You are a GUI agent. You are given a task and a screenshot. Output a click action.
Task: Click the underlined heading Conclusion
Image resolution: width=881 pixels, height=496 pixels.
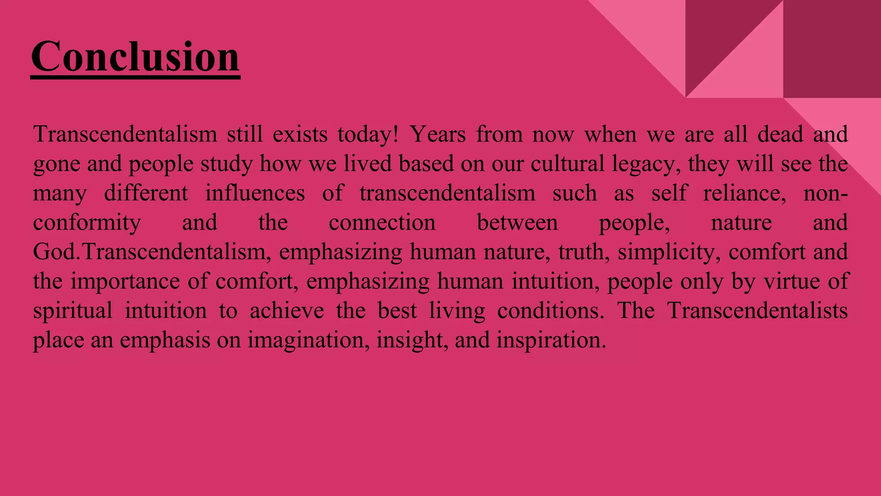135,56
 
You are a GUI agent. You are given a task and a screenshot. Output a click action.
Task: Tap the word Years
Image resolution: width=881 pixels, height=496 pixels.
437,134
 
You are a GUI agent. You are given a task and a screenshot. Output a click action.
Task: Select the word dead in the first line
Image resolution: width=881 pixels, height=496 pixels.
780,134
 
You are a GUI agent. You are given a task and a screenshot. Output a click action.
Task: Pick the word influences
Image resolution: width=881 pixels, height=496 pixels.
255,193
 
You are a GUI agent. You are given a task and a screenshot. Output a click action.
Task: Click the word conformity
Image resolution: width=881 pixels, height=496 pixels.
87,223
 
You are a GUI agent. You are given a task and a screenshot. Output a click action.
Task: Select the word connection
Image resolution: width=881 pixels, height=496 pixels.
382,223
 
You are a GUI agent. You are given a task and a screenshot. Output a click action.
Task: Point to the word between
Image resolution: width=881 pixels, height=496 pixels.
517,223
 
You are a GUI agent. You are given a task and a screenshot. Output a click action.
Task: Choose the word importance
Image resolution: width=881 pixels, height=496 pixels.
125,282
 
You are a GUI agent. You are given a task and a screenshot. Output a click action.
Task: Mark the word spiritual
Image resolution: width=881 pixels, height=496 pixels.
73,311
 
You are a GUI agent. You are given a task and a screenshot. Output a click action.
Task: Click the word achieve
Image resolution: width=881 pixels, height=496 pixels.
286,310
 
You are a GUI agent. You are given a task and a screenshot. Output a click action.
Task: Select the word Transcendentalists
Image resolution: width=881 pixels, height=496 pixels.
758,310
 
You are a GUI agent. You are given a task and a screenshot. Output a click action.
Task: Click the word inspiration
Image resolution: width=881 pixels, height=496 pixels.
551,340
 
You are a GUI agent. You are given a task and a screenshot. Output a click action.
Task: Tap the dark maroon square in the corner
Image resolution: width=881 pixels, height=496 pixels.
832,49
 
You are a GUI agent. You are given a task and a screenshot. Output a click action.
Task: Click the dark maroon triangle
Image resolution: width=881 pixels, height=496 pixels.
714,34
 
